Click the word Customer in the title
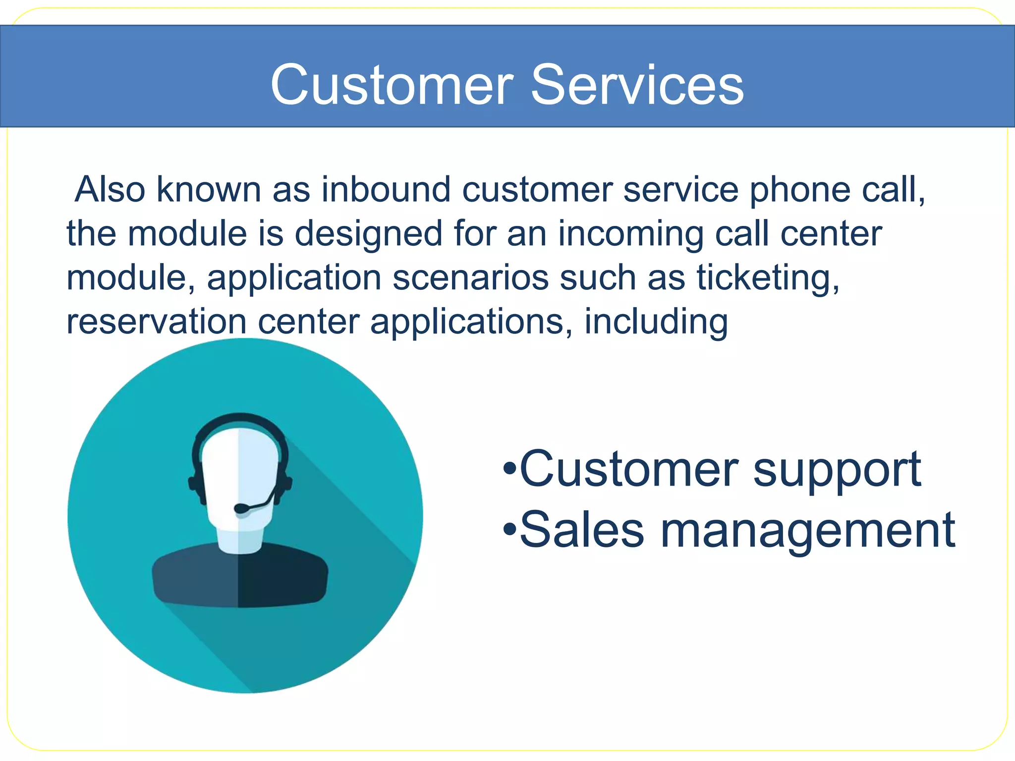pos(392,85)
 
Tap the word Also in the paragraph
pos(110,189)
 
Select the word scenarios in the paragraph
pos(470,277)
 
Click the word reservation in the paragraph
pos(156,322)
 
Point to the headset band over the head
pos(240,419)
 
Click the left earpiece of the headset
pos(195,483)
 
